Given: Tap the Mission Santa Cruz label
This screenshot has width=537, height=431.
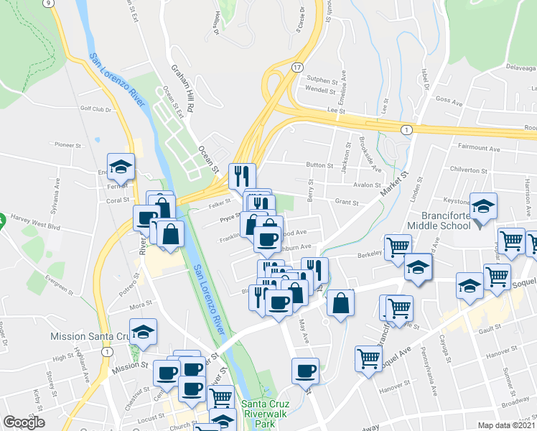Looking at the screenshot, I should click(x=89, y=336).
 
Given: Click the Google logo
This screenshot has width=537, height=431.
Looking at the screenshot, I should click(x=24, y=423).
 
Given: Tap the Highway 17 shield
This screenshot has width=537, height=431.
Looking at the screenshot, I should click(x=296, y=66).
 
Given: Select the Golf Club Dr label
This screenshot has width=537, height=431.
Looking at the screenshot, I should click(x=96, y=110).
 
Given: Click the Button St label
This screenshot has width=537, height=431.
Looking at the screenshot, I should click(x=320, y=165).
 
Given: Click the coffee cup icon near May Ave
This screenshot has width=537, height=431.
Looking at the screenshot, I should click(x=305, y=369).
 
